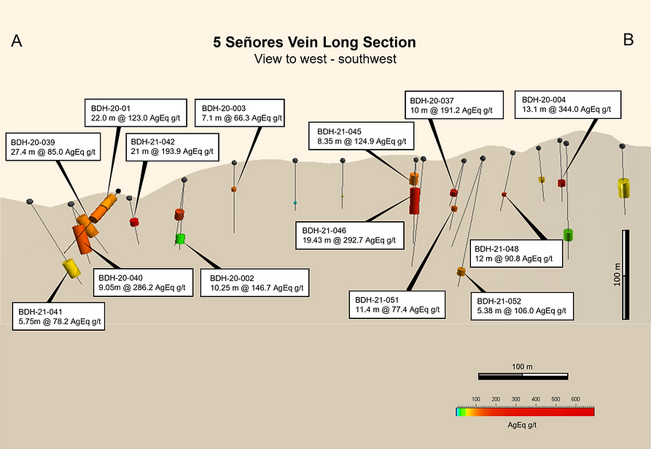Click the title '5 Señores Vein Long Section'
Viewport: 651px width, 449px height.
pos(314,42)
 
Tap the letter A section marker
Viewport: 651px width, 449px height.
pos(16,42)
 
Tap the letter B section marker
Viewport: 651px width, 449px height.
pos(628,41)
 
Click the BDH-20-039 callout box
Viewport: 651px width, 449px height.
pos(53,146)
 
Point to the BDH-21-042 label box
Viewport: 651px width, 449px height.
pos(171,147)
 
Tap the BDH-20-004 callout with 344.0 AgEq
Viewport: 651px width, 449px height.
pos(568,104)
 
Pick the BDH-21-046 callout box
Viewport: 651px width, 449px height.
pos(348,234)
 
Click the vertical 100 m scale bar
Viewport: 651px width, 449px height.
pos(626,275)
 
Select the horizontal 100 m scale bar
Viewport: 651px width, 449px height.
pos(523,376)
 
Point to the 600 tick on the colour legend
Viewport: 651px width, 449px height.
pos(575,399)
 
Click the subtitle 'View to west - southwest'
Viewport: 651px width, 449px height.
pos(324,58)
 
